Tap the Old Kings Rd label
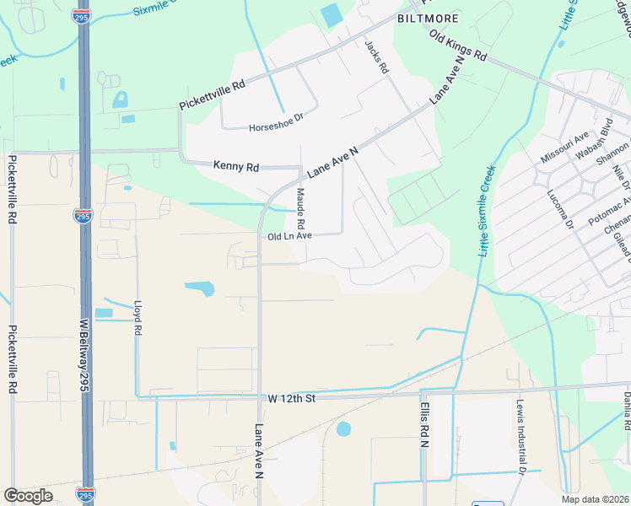pyautogui.click(x=458, y=46)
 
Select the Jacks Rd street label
pyautogui.click(x=375, y=58)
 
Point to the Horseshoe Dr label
pyautogui.click(x=274, y=128)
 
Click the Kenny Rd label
pyautogui.click(x=235, y=166)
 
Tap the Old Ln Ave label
pyautogui.click(x=290, y=237)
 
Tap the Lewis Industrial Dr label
pyautogui.click(x=522, y=434)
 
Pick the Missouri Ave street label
pyautogui.click(x=564, y=148)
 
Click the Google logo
pyautogui.click(x=28, y=496)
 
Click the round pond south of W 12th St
pyautogui.click(x=343, y=429)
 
